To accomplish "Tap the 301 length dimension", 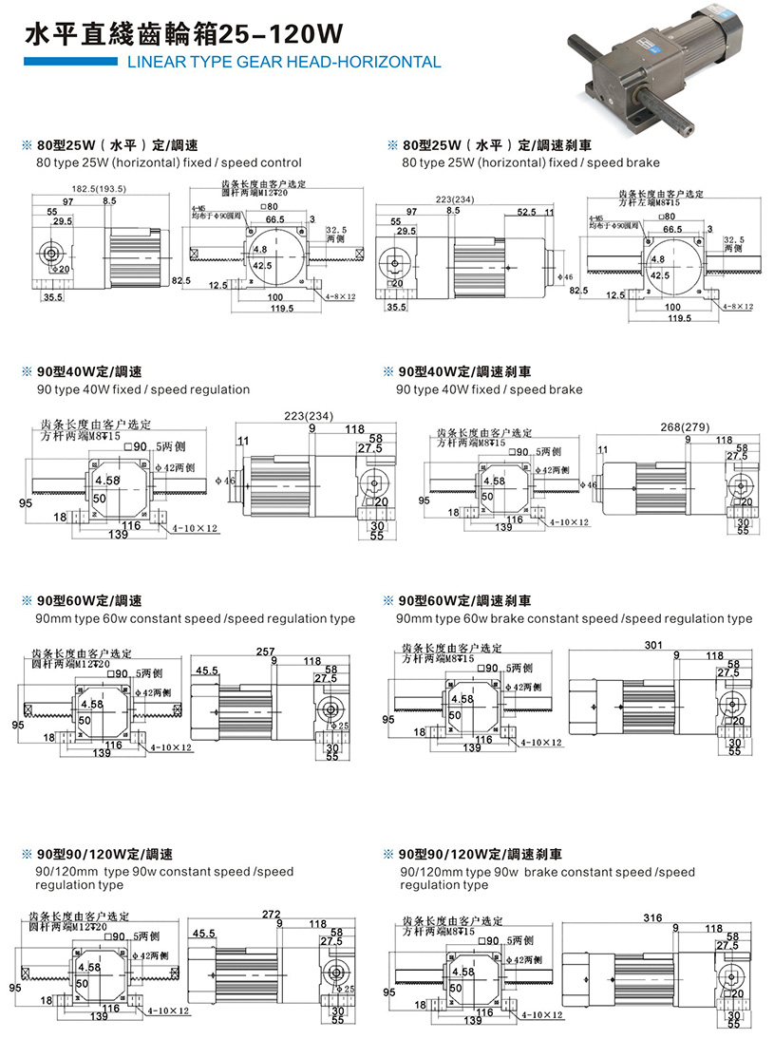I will (652, 646).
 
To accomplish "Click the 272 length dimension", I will (271, 915).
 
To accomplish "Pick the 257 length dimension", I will (265, 652).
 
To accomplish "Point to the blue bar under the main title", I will (66, 62).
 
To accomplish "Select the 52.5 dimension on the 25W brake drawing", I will (527, 213).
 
